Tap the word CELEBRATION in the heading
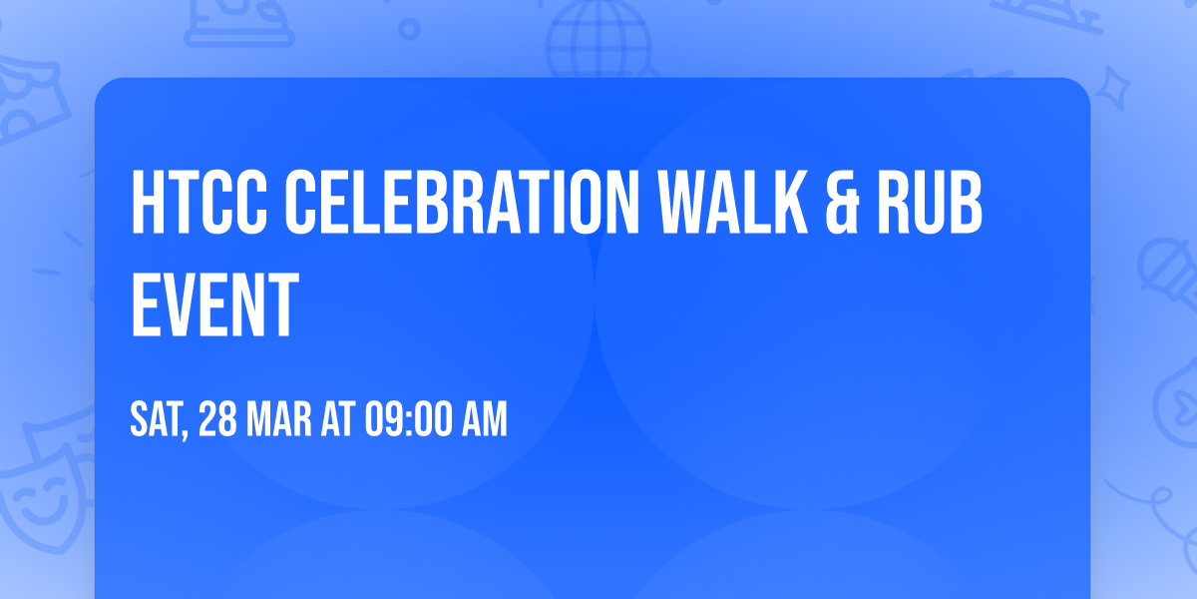pos(448,202)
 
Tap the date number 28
pos(218,420)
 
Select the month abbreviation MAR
pos(280,420)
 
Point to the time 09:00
pos(409,420)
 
